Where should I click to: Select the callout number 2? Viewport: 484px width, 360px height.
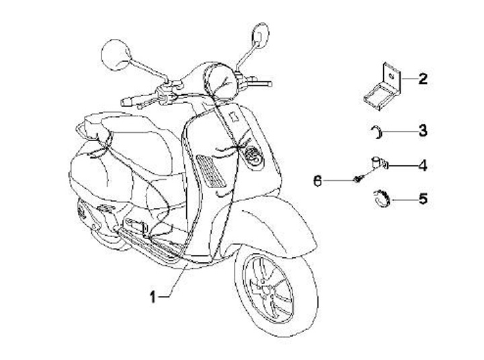point(422,79)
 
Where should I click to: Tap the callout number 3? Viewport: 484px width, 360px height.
point(422,130)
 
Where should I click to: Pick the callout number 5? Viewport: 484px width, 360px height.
point(422,199)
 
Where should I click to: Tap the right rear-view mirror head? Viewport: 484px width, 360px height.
point(260,34)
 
